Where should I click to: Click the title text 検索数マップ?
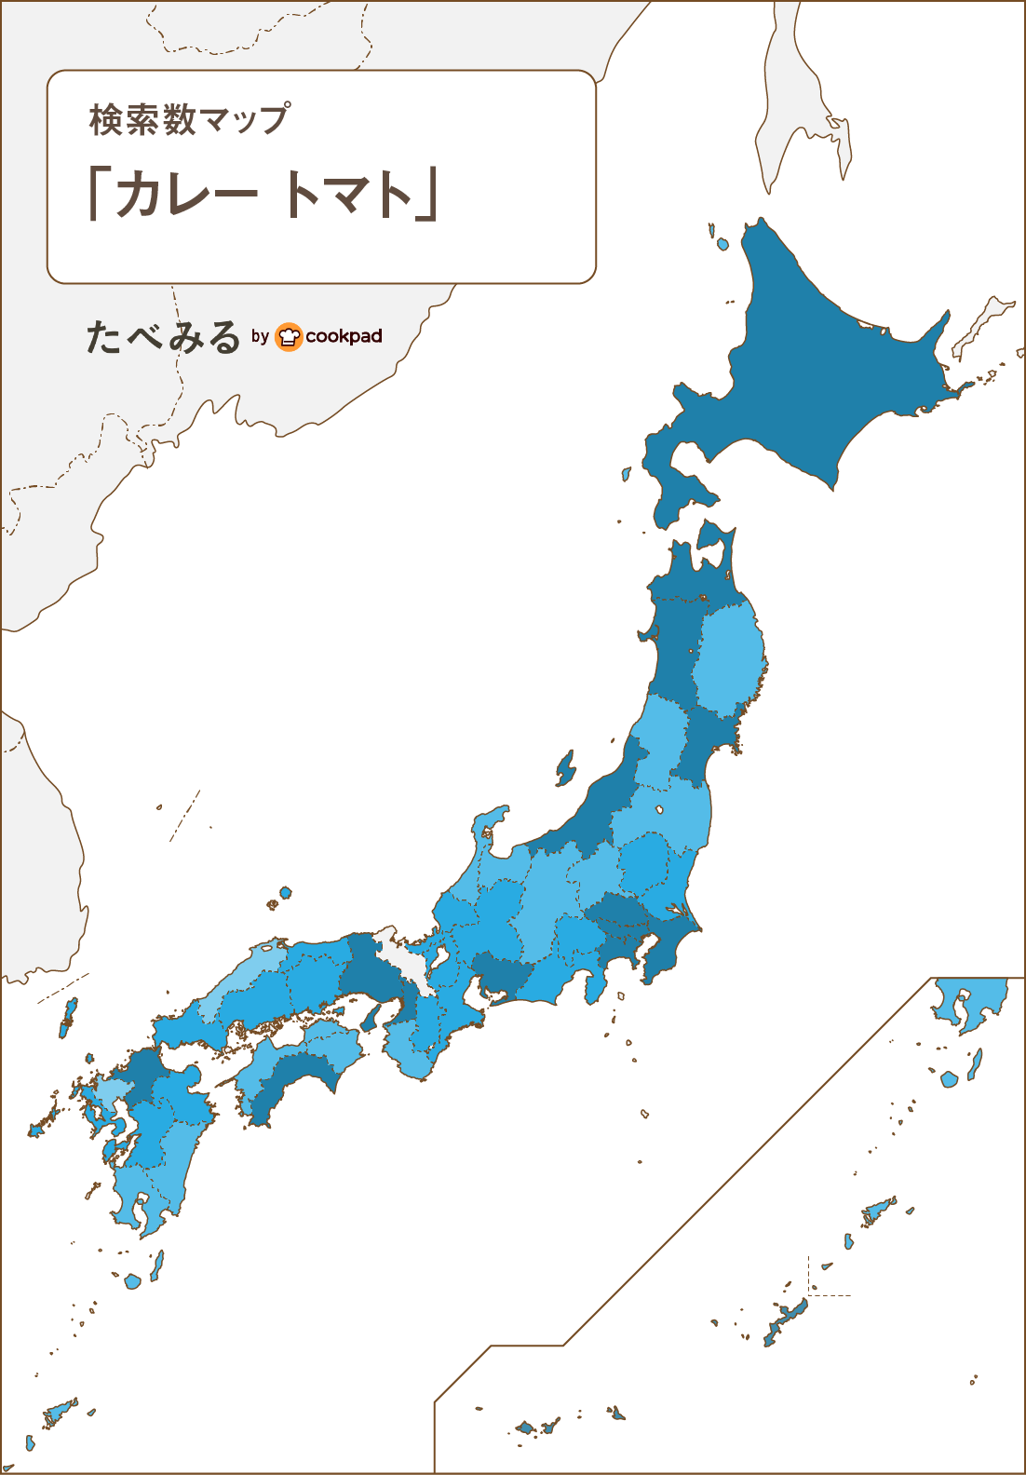[189, 120]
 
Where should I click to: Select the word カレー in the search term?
[185, 195]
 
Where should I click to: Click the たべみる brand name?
[163, 337]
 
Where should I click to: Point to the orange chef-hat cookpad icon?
[290, 336]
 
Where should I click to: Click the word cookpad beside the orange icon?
[344, 336]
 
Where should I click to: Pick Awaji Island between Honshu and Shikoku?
[370, 1017]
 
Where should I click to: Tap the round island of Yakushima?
[132, 1281]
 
